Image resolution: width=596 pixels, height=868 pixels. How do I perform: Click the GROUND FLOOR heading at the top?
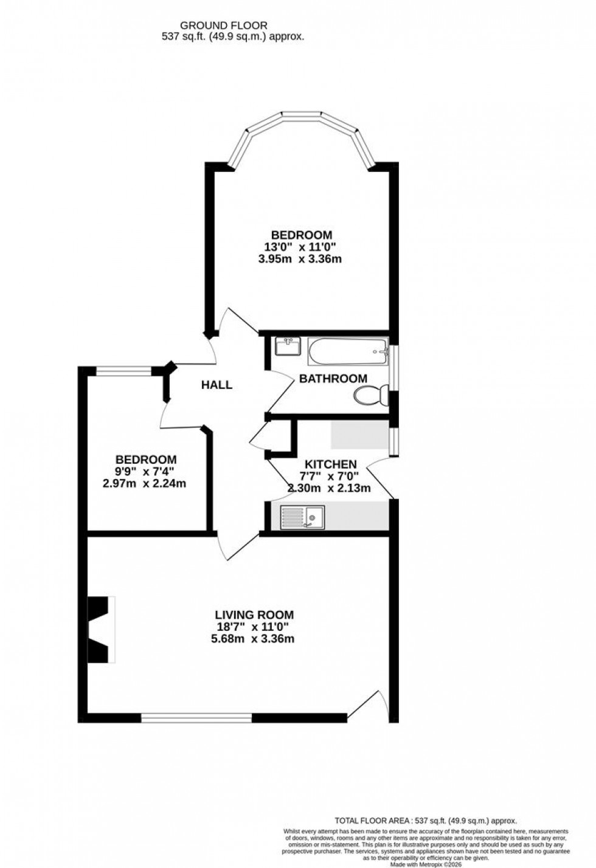tap(224, 25)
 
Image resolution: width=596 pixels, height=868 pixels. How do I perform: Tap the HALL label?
tap(217, 385)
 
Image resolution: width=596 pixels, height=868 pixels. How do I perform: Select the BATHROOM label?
tap(333, 378)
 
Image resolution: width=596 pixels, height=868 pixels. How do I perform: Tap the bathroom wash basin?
tap(287, 346)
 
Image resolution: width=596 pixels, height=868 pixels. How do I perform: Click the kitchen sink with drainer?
tap(302, 517)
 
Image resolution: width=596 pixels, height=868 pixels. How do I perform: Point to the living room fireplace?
tap(101, 629)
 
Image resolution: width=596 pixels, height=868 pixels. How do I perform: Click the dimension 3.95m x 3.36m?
tap(300, 259)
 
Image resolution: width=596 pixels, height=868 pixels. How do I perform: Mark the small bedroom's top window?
tap(124, 371)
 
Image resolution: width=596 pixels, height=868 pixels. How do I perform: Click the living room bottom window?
tap(196, 718)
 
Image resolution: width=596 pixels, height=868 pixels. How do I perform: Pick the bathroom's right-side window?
tap(393, 368)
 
